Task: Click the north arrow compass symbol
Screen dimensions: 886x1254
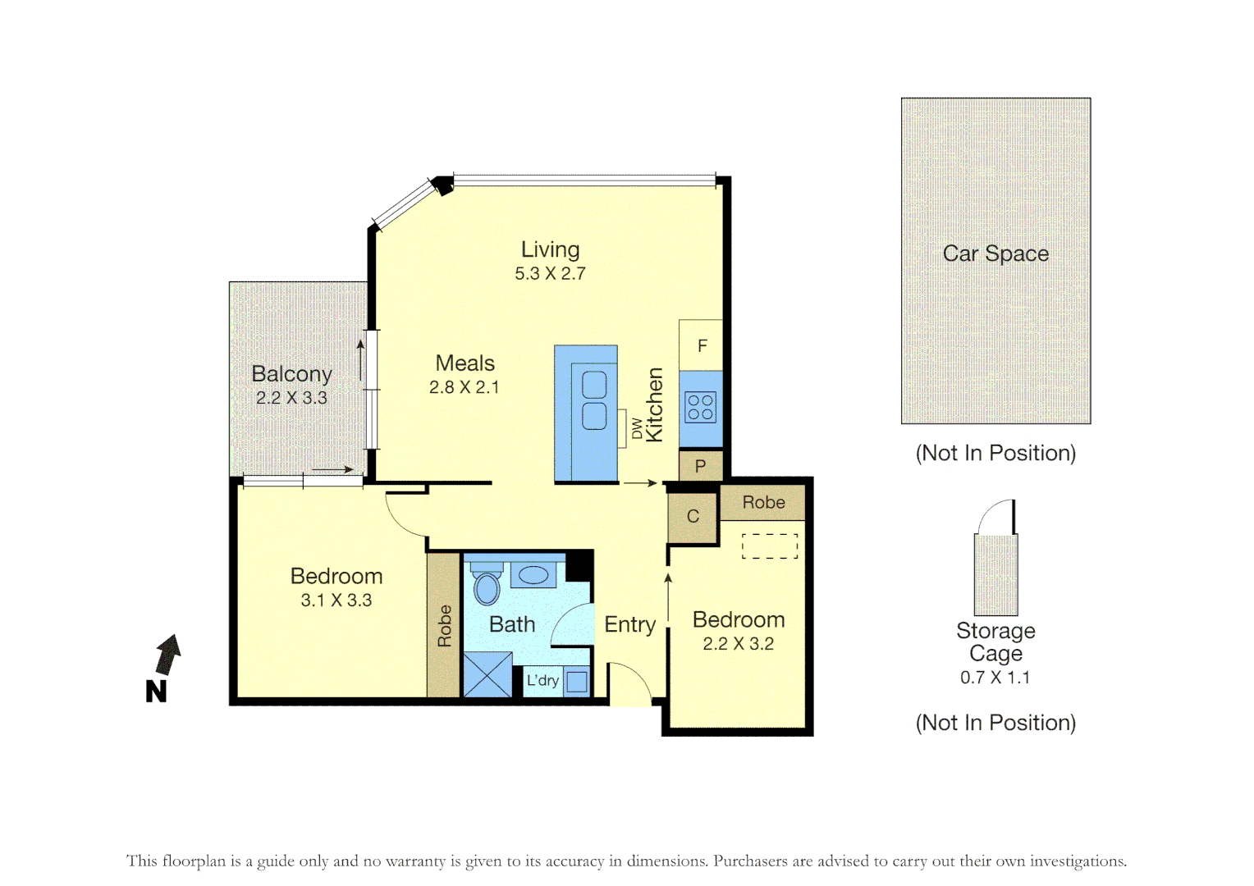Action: (167, 656)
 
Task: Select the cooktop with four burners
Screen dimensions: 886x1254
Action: (700, 407)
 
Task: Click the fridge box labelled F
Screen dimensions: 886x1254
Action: (701, 345)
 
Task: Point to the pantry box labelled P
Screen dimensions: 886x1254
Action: (700, 466)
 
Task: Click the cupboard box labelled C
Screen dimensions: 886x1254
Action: (693, 516)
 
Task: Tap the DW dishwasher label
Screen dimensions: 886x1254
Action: (637, 428)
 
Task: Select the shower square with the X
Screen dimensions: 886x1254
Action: (487, 675)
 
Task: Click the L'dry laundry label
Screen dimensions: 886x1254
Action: (542, 680)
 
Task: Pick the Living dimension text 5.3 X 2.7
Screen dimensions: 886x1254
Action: (550, 274)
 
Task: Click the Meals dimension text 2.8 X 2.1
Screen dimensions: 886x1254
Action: (464, 387)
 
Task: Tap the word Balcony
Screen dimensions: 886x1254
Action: (291, 374)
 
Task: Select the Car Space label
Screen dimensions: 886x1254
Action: (995, 253)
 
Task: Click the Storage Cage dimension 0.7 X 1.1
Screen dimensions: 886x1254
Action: (995, 678)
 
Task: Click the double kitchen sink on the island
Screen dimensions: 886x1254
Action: (594, 400)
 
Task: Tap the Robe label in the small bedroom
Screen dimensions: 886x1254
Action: (763, 502)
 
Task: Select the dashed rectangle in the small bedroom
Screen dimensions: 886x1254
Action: (770, 546)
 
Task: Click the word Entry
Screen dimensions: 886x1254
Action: (629, 624)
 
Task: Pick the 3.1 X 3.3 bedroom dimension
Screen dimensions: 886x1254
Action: (336, 601)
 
